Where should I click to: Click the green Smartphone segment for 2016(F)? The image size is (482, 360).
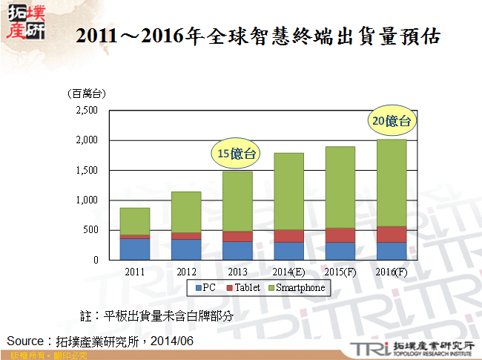392,183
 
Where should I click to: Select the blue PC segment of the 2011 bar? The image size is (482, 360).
134,249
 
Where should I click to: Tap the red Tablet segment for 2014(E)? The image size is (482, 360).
288,236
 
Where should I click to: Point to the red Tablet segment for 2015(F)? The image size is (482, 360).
340,235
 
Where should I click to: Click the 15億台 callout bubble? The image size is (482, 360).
236,154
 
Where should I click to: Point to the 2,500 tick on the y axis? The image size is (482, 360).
87,111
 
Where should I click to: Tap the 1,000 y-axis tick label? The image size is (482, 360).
87,200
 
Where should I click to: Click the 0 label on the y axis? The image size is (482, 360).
96,261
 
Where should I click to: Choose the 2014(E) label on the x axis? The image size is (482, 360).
288,272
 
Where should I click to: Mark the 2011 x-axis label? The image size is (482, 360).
134,272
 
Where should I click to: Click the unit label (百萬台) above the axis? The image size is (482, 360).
86,94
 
